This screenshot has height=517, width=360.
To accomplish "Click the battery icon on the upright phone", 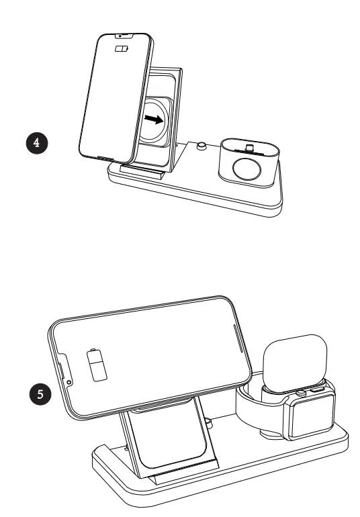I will tap(122, 49).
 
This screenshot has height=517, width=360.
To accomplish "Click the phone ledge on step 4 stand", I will tap(142, 173).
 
